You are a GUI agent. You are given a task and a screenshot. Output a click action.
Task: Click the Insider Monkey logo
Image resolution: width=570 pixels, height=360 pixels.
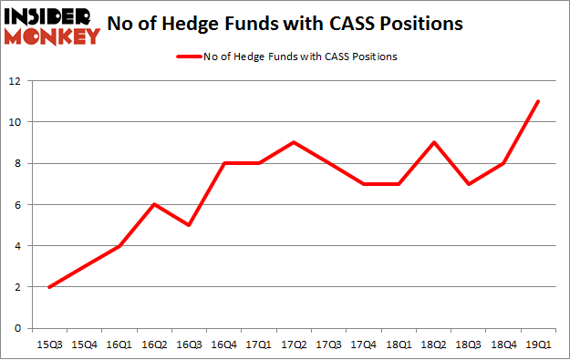click(51, 26)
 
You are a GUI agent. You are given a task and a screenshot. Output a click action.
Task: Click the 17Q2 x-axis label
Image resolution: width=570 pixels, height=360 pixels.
click(293, 345)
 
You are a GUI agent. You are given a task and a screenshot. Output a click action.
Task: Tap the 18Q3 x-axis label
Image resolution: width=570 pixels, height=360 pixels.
click(469, 345)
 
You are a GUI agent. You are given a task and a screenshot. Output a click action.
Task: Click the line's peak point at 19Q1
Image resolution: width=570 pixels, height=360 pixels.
click(538, 101)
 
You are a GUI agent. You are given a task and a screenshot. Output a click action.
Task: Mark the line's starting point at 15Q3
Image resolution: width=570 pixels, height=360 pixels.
click(49, 287)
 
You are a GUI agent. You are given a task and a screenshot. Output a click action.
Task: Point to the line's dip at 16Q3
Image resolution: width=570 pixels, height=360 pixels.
click(189, 225)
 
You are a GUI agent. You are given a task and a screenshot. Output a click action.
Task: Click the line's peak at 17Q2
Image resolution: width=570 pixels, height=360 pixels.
click(293, 142)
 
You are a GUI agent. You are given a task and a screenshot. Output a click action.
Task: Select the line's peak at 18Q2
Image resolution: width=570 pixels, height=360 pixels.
click(434, 142)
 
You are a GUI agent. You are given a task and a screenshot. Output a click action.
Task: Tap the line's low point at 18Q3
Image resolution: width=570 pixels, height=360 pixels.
click(469, 184)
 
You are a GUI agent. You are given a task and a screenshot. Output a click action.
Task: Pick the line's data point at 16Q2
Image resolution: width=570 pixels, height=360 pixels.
click(154, 204)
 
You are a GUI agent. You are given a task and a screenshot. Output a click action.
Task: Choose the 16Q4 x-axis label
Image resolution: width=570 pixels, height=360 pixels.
click(223, 345)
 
